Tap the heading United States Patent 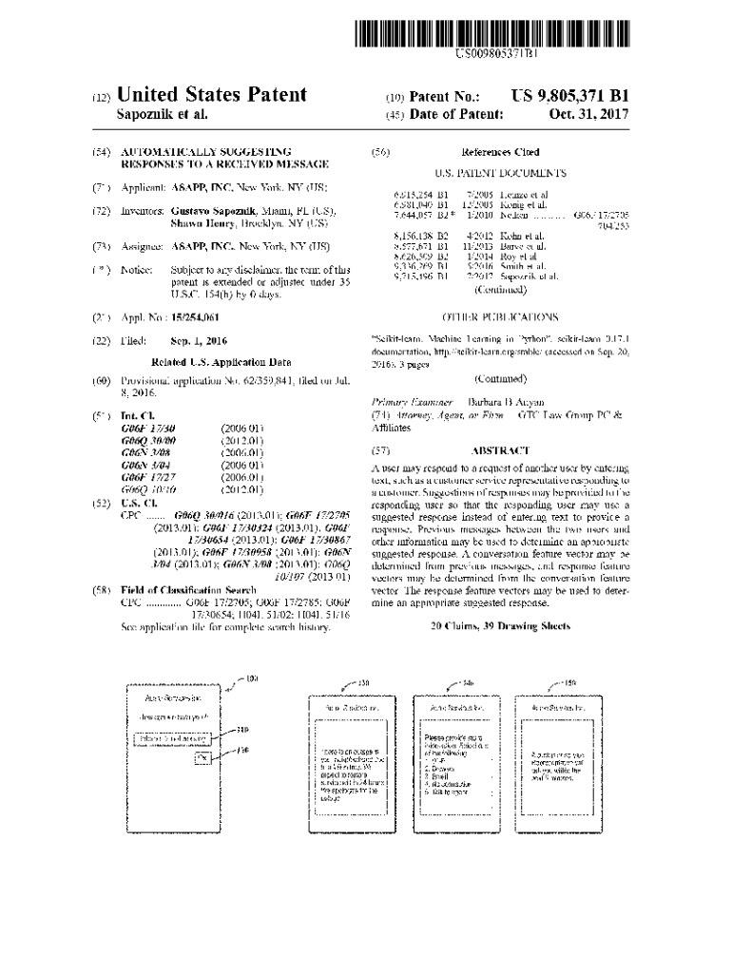coord(211,95)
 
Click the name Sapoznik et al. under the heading coord(161,115)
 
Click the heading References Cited coord(500,152)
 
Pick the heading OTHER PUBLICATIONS coord(500,317)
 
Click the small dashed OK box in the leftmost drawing coord(201,759)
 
